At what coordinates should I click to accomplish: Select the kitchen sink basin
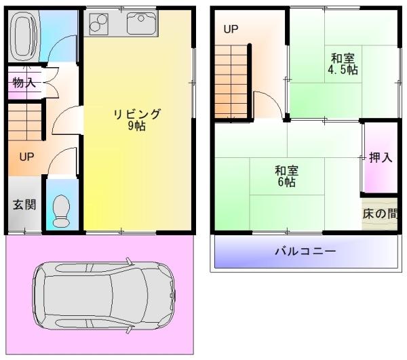[x=142, y=23]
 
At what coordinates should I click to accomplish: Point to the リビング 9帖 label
[x=137, y=119]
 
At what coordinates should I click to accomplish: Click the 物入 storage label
[x=24, y=83]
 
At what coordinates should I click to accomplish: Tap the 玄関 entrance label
[x=24, y=205]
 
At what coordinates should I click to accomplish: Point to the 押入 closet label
[x=380, y=158]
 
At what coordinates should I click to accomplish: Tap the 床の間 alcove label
[x=380, y=214]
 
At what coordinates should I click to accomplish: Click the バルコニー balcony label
[x=305, y=252]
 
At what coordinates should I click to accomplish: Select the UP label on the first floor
[x=26, y=157]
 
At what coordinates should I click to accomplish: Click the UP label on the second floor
[x=231, y=30]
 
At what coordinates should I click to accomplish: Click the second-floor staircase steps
[x=231, y=81]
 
